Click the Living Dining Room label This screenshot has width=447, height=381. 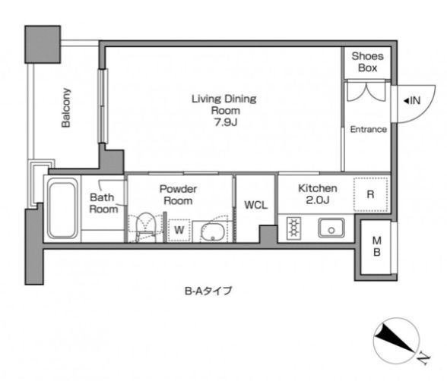pyautogui.click(x=223, y=104)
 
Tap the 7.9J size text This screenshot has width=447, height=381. pyautogui.click(x=223, y=122)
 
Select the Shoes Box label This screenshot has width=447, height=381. pyautogui.click(x=367, y=63)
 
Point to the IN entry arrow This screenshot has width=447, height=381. pyautogui.click(x=410, y=99)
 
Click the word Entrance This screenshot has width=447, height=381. pyautogui.click(x=368, y=130)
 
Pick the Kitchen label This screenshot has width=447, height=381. pyautogui.click(x=312, y=187)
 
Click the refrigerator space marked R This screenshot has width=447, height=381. pyautogui.click(x=370, y=194)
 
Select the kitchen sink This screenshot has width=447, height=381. pyautogui.click(x=331, y=226)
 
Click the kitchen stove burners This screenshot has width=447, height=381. pyautogui.click(x=294, y=226)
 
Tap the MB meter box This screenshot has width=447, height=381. pyautogui.click(x=376, y=247)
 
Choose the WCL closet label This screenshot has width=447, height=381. pyautogui.click(x=255, y=205)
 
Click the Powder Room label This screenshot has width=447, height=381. pyautogui.click(x=178, y=194)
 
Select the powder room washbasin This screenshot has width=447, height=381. pyautogui.click(x=211, y=231)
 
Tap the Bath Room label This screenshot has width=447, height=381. pyautogui.click(x=103, y=203)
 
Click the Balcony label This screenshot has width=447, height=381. pyautogui.click(x=66, y=110)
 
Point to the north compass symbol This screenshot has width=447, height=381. pyautogui.click(x=398, y=341)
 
